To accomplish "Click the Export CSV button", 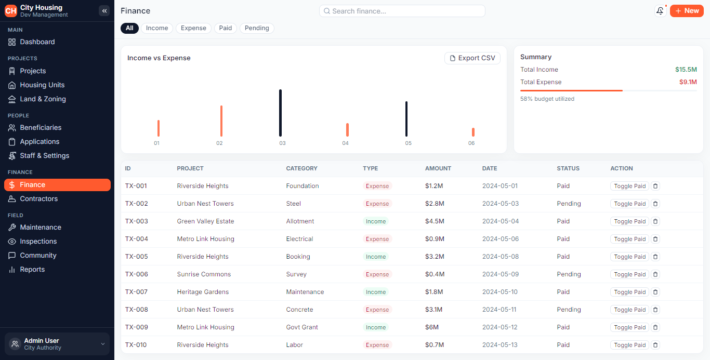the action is (472, 58).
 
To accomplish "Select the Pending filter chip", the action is (257, 28).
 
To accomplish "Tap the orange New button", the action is (687, 11).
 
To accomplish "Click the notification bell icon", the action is (660, 11).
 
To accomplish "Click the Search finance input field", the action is (402, 11).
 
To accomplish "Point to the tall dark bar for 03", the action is (281, 113).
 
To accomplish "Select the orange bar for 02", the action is (221, 121).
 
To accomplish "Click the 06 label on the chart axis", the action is (471, 143).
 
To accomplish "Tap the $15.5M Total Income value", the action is (686, 70).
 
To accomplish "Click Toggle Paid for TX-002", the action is (629, 204).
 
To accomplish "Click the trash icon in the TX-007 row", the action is (655, 292).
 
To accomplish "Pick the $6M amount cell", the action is (432, 327).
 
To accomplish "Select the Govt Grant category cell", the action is (302, 327).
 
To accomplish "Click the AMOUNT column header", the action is (438, 168).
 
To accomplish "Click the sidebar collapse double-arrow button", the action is (104, 11).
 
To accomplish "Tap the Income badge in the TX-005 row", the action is (376, 257).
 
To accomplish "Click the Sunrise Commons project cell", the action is (204, 274).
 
